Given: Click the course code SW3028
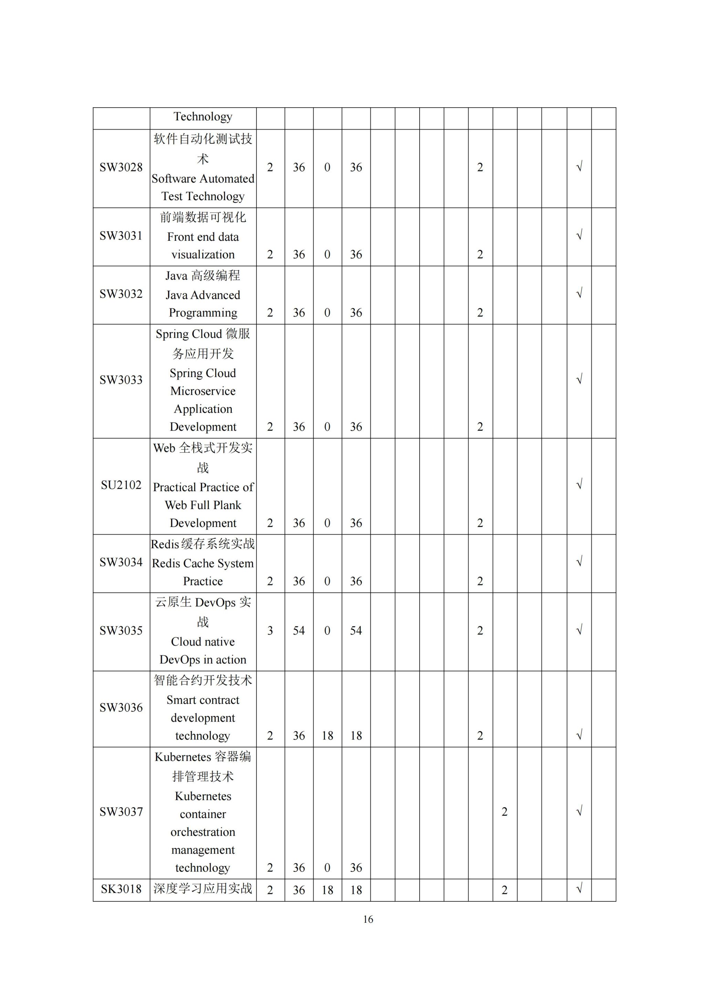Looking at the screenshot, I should click(121, 167).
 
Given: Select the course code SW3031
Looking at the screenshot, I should click(121, 236).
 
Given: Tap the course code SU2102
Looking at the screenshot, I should click(121, 485).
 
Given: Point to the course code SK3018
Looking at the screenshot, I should click(121, 889).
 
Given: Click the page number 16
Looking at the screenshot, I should click(368, 919).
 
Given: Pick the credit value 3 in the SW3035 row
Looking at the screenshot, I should click(270, 631).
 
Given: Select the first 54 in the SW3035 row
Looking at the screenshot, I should click(299, 631).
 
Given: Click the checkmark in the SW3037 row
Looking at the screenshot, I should click(579, 811).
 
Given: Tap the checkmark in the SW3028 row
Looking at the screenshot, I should click(579, 166).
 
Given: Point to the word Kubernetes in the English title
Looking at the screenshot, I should click(203, 797).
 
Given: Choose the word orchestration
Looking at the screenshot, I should click(203, 832).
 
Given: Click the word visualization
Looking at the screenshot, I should click(203, 255).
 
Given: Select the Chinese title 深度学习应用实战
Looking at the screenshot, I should click(203, 888).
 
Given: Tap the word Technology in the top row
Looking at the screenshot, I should click(203, 117).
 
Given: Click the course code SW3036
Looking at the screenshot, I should click(121, 708).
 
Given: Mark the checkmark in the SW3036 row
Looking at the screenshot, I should click(579, 735).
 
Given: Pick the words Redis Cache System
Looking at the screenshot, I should click(203, 563).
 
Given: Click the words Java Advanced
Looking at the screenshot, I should click(203, 295).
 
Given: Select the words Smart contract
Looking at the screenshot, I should click(203, 700).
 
